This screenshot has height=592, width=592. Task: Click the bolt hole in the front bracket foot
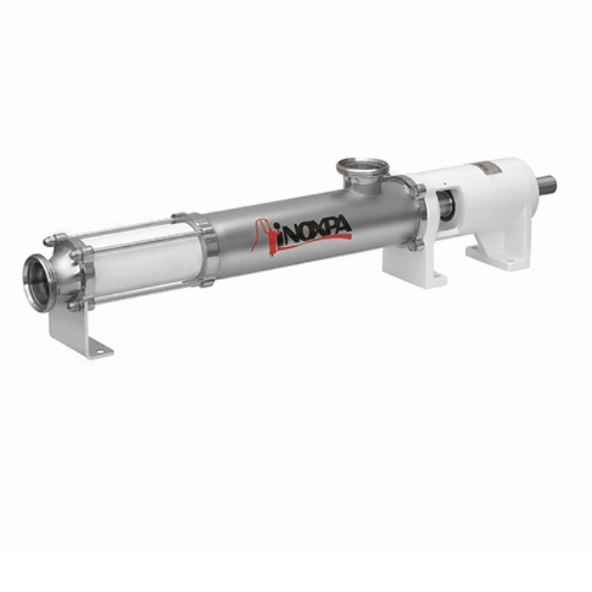point(99,352)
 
